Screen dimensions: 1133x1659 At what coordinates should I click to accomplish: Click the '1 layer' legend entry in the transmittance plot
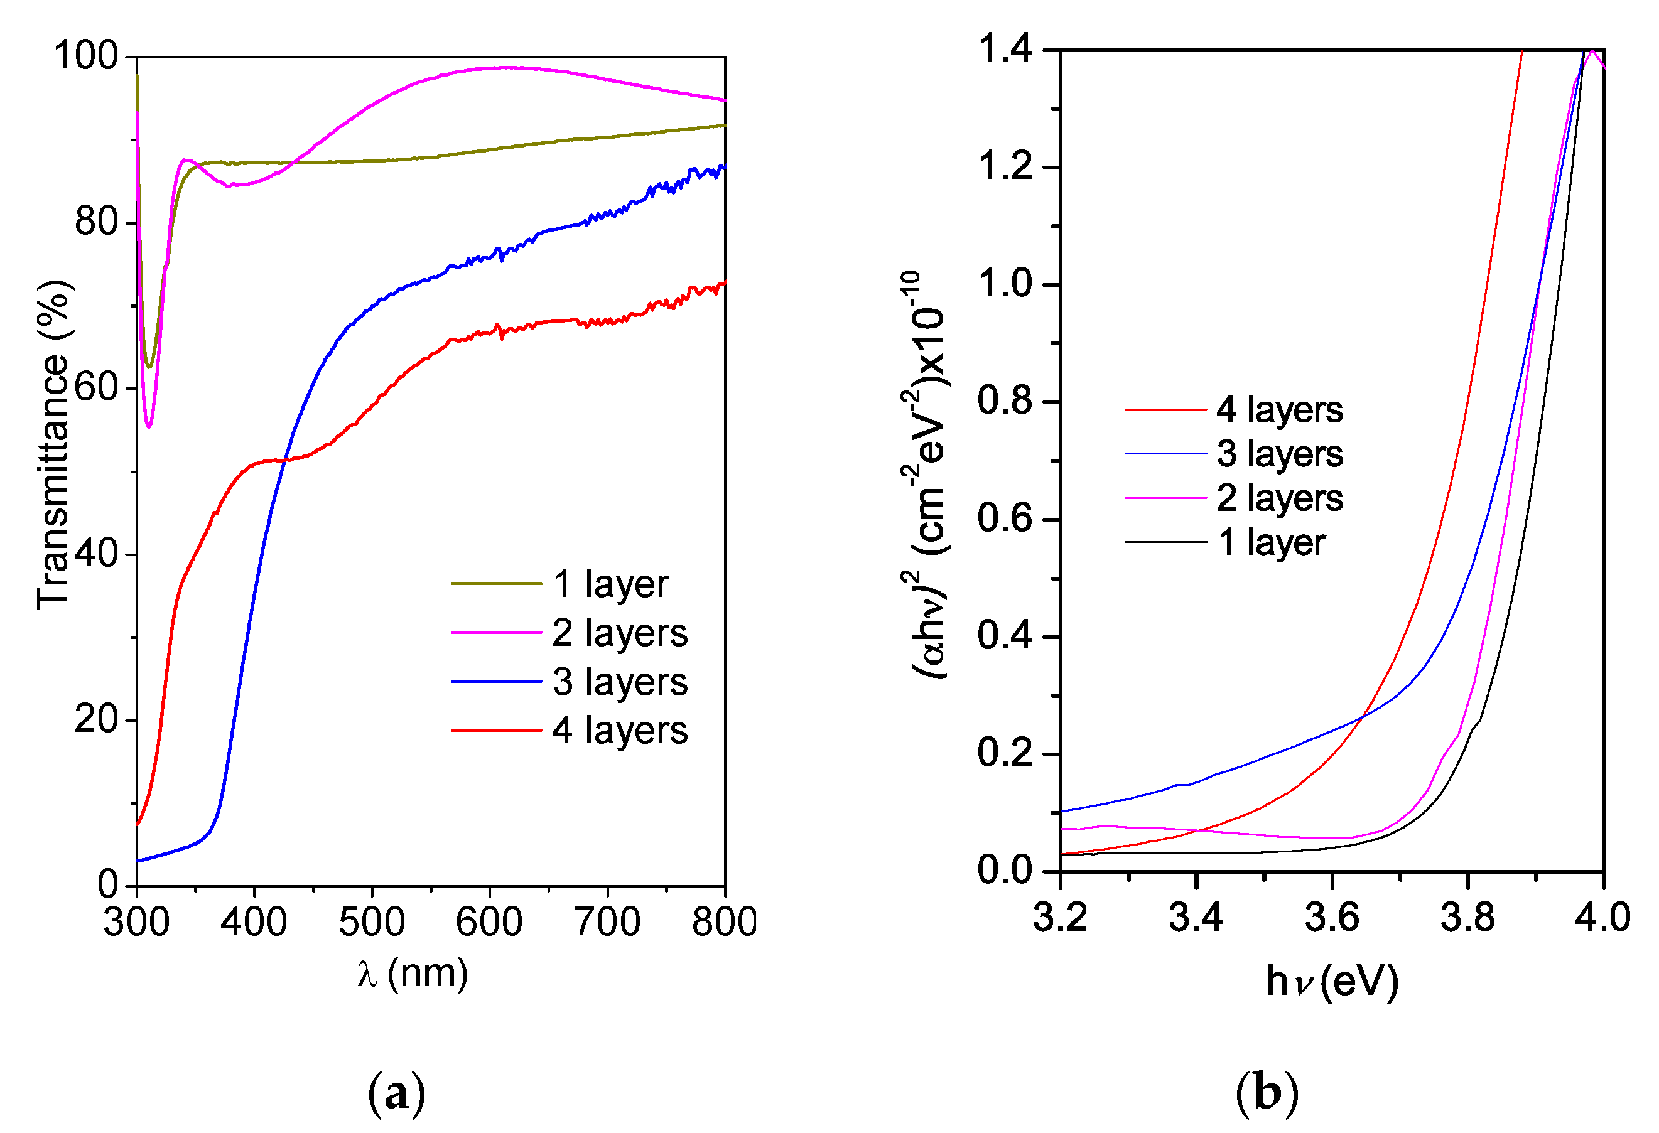point(610,584)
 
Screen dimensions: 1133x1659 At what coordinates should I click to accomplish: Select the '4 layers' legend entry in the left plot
point(619,731)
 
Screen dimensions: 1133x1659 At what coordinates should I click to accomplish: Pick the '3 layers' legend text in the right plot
point(1279,454)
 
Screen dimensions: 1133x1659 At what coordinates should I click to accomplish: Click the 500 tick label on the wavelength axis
point(371,922)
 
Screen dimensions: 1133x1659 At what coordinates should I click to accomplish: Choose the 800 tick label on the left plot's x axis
point(724,922)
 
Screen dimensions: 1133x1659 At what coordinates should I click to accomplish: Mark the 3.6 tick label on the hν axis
point(1332,918)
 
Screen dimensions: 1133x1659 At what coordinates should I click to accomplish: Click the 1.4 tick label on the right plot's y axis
point(1005,50)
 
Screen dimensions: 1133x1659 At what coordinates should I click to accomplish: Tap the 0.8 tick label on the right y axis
point(1005,401)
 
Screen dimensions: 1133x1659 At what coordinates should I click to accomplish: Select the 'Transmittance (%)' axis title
point(53,445)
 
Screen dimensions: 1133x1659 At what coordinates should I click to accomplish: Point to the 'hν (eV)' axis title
point(1332,981)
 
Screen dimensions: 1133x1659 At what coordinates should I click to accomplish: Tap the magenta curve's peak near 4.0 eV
point(1591,51)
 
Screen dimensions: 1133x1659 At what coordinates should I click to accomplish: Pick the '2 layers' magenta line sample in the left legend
point(496,632)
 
